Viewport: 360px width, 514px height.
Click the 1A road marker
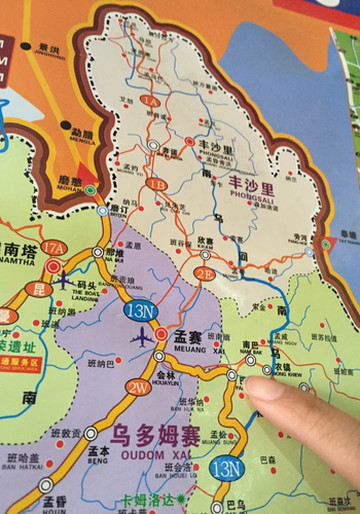click(x=150, y=102)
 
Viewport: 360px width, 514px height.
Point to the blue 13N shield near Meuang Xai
click(x=140, y=312)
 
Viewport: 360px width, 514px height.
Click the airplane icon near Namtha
click(x=63, y=281)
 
